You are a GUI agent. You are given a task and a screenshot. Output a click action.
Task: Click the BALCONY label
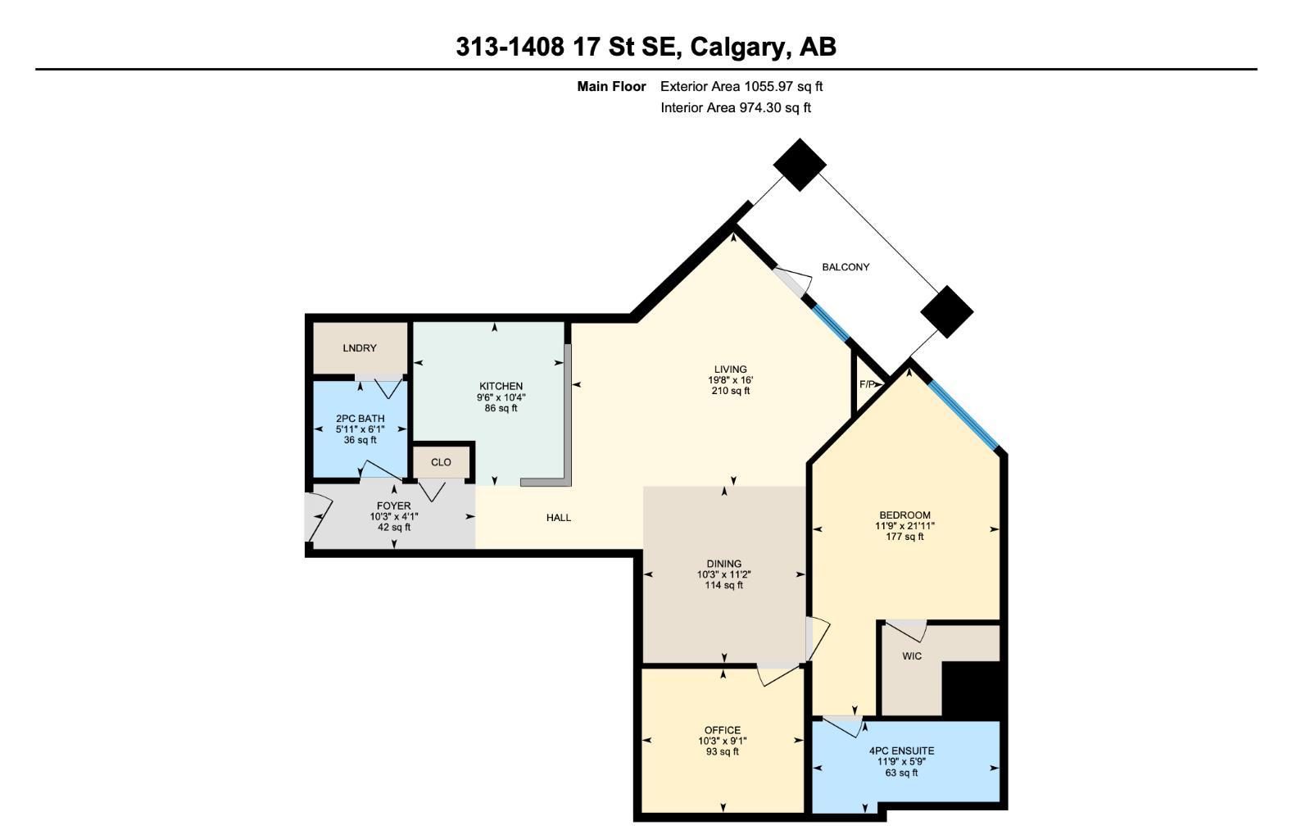click(845, 267)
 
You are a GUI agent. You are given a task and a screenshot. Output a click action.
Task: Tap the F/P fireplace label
click(867, 384)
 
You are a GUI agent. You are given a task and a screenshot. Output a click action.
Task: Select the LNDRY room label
click(360, 348)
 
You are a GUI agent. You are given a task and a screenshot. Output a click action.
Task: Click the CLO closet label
click(441, 462)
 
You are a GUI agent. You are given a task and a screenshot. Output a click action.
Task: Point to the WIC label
click(912, 655)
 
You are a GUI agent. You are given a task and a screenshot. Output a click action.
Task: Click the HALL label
click(559, 517)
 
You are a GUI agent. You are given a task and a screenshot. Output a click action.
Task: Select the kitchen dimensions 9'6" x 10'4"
click(501, 397)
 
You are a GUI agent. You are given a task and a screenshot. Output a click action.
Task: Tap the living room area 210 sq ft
click(730, 391)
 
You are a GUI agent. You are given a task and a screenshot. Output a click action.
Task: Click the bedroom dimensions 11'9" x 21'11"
click(904, 526)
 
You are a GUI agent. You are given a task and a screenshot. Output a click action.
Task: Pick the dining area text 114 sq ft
click(724, 585)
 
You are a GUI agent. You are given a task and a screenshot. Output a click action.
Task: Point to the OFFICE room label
click(722, 730)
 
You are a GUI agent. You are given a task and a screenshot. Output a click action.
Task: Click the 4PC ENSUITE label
click(901, 751)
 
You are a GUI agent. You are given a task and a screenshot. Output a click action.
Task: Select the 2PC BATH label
click(360, 419)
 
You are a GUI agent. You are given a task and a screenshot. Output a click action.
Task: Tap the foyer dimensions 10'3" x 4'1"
click(394, 516)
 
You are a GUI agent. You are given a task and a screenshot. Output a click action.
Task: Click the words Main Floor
click(611, 86)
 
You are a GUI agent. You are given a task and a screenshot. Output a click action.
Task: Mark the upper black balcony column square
click(800, 165)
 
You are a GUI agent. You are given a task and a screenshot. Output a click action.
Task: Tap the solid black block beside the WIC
click(972, 688)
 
